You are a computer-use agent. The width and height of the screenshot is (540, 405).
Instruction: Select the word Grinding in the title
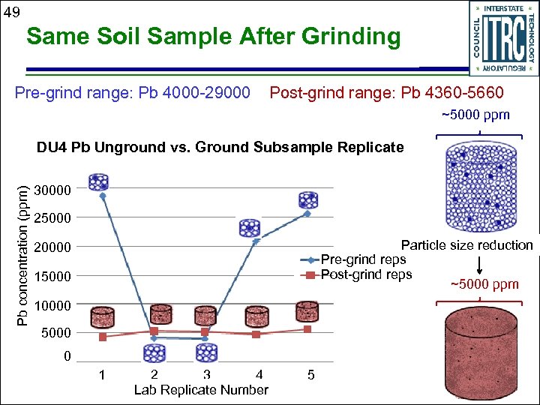tap(349, 36)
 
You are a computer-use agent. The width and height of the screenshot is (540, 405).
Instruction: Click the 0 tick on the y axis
tap(67, 357)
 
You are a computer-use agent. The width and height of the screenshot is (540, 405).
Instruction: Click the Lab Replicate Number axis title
tap(200, 389)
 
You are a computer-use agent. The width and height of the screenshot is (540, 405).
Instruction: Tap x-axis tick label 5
tap(310, 374)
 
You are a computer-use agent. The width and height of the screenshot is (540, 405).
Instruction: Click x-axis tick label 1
tap(102, 374)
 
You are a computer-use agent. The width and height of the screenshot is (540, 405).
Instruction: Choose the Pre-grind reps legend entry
tap(363, 259)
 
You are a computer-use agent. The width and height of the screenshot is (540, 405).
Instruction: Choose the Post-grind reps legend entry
tap(366, 274)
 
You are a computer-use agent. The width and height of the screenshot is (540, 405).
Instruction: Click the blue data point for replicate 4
tap(256, 241)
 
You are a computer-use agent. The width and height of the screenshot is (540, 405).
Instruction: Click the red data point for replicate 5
tap(307, 329)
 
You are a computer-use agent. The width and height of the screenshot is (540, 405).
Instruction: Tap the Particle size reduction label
tap(466, 245)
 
